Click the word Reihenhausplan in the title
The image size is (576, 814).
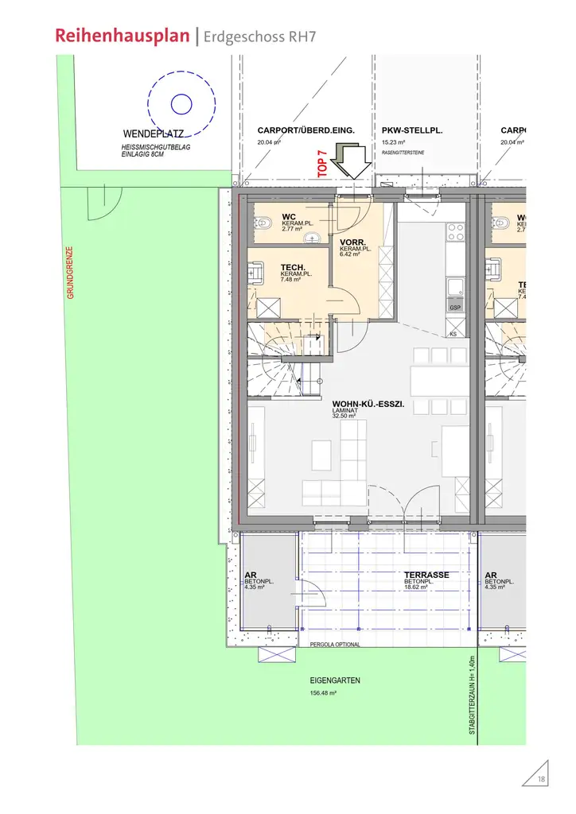(123, 35)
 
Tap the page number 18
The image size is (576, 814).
(542, 778)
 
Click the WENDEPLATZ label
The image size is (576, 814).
(154, 134)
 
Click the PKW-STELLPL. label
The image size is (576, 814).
(412, 130)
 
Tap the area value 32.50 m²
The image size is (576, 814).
(344, 416)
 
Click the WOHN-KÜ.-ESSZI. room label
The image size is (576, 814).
(368, 404)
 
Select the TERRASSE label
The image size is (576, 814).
(426, 575)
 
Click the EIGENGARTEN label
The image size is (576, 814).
(335, 681)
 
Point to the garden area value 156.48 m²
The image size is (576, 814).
(323, 694)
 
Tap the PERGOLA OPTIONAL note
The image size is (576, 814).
(335, 645)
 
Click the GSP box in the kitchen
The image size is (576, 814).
(456, 308)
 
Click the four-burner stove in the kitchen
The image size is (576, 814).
(457, 231)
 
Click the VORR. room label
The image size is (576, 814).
(352, 242)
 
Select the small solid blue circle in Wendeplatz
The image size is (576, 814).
(181, 103)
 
